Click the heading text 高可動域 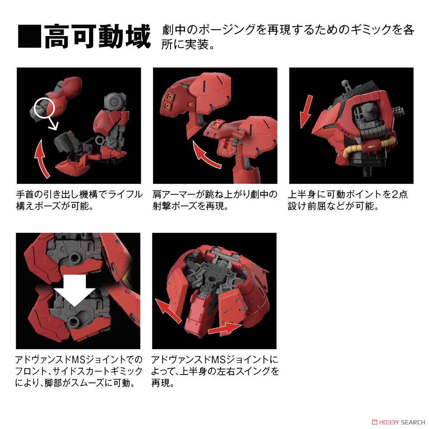(x=97, y=36)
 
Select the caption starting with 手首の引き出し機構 (x=79, y=200)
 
